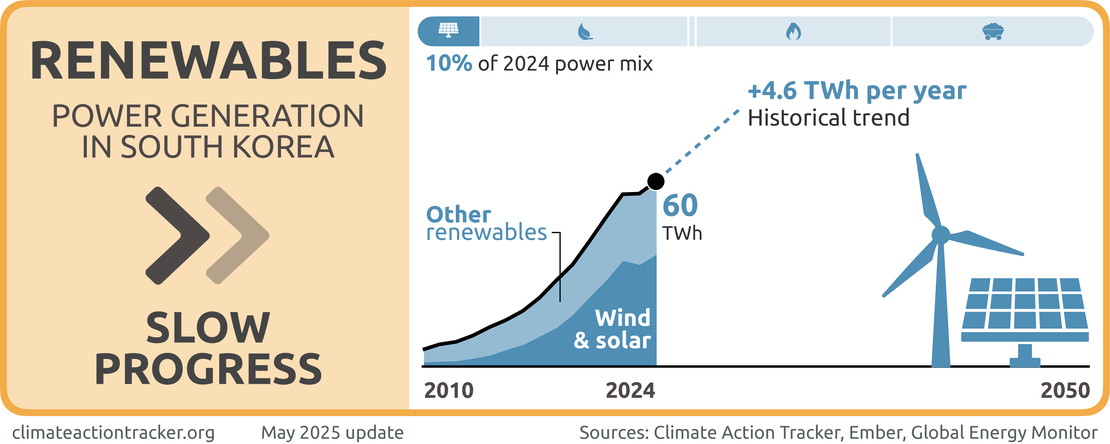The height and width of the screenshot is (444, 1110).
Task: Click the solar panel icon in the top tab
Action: click(x=447, y=31)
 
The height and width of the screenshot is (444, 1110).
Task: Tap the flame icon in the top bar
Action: click(x=793, y=31)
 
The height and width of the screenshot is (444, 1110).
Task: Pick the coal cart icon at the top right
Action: click(x=992, y=31)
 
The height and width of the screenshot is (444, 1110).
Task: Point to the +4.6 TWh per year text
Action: click(x=857, y=91)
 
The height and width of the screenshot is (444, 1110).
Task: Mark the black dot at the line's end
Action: click(x=656, y=181)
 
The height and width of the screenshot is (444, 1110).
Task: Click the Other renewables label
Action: click(x=487, y=223)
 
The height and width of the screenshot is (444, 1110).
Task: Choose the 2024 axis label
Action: click(x=631, y=390)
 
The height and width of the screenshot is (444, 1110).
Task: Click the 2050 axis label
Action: click(x=1064, y=390)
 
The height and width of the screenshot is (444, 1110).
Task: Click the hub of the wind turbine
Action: click(x=940, y=236)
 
